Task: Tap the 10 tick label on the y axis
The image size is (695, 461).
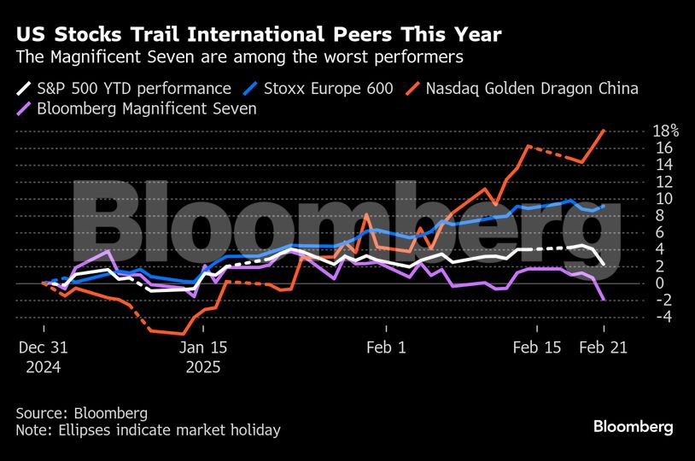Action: click(663, 199)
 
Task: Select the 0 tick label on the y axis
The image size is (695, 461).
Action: click(660, 283)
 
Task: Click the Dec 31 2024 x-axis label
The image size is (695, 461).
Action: click(43, 357)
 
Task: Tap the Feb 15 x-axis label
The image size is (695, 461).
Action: click(537, 347)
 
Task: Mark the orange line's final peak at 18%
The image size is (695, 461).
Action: click(604, 131)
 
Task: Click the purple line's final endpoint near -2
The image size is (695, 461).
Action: click(604, 299)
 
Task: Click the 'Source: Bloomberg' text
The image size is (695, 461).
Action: click(81, 413)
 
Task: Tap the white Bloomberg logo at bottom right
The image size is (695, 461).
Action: click(634, 426)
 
